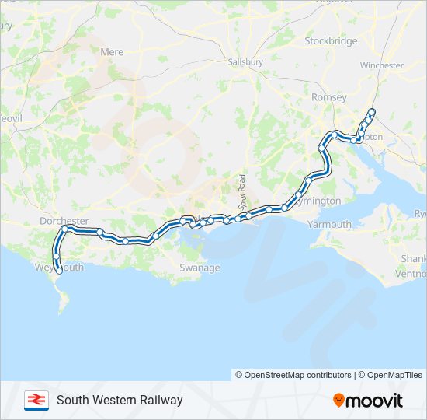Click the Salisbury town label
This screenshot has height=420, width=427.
coord(246,61)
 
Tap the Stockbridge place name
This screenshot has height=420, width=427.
coord(331,40)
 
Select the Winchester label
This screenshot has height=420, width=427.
coord(382,65)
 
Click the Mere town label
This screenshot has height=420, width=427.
coord(112,52)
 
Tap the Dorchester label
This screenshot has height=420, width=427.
coord(64,221)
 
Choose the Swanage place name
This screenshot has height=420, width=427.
coord(200,268)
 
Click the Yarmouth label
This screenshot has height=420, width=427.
coord(329,224)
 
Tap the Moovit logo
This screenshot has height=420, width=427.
coord(368,401)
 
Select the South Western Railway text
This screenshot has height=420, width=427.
coord(120,401)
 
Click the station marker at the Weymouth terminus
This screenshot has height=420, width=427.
coord(59,271)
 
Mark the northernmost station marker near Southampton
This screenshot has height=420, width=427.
coord(372,111)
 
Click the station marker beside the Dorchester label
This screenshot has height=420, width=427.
coord(66,229)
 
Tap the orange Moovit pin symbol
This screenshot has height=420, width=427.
coord(338,401)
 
